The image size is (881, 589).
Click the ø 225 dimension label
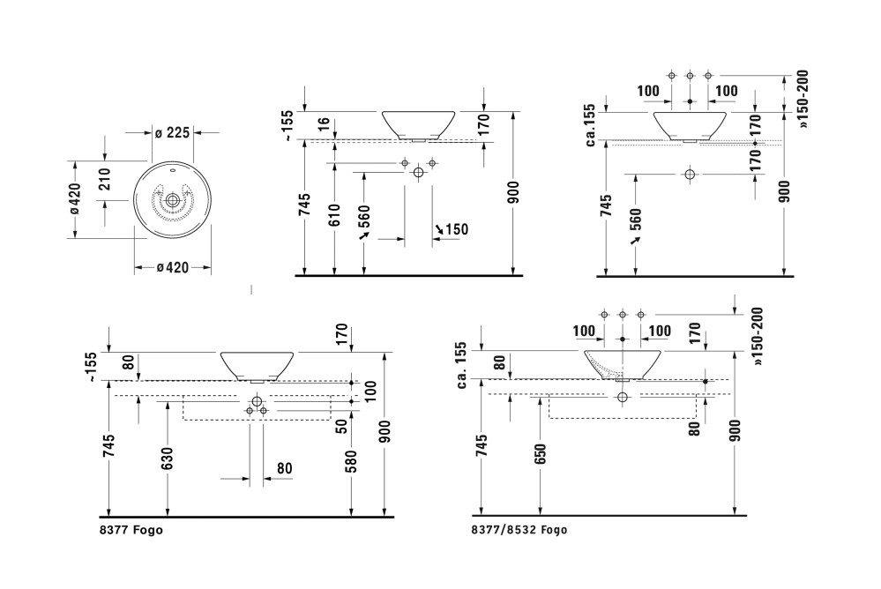pos(173,132)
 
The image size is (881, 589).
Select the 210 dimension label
pos(105,179)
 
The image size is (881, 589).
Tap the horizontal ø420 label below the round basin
pos(173,268)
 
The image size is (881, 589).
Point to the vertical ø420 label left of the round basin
pos(75,198)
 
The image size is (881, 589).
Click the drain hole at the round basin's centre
pos(173,199)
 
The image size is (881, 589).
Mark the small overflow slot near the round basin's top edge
pos(173,169)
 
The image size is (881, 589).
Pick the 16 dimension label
pos(325,125)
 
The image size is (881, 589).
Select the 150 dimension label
pos(457,229)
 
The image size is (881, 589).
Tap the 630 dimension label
pos(167,458)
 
